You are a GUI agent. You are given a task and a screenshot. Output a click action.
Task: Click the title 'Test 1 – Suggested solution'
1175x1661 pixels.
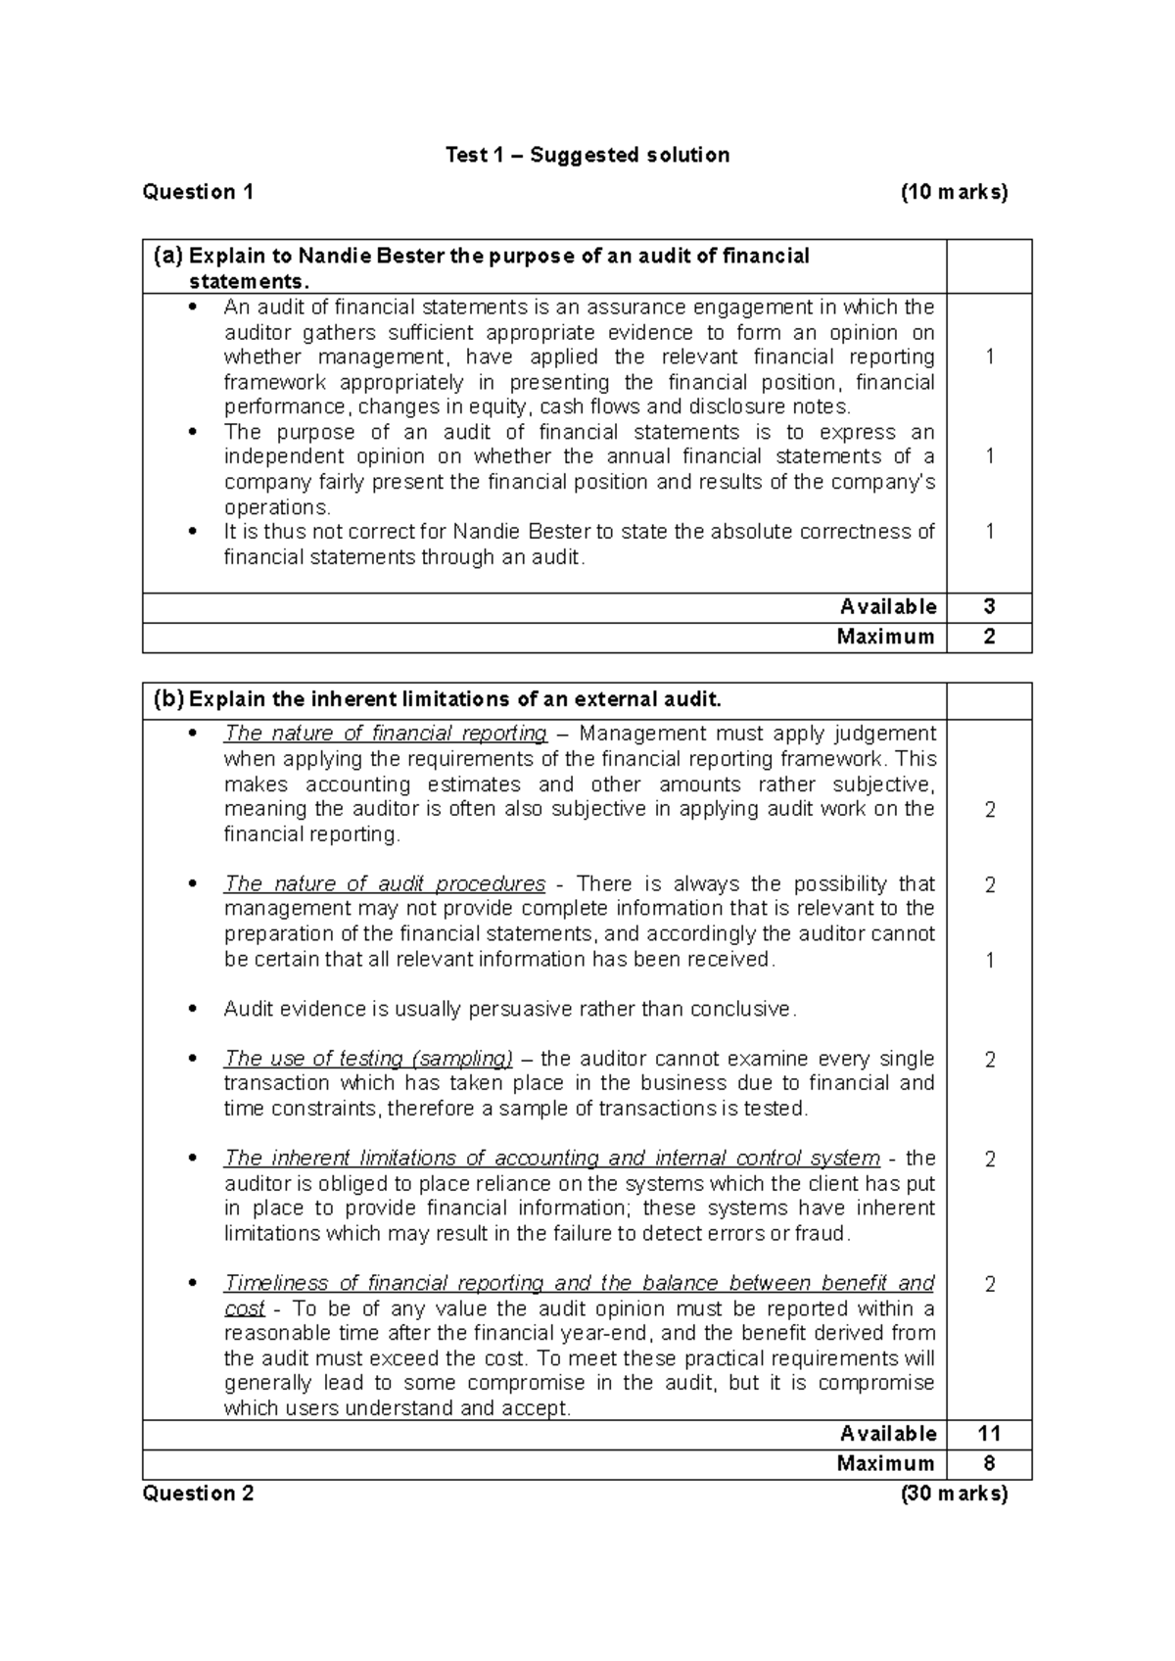587,155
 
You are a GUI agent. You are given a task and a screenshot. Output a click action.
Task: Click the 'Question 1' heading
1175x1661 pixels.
198,192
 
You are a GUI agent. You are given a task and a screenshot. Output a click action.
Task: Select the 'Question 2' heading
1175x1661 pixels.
198,1494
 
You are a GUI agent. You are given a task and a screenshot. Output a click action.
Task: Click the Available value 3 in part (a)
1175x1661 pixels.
989,607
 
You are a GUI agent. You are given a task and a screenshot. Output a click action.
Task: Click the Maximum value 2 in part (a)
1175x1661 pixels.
989,638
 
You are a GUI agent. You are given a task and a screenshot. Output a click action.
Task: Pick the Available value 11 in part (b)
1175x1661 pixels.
989,1434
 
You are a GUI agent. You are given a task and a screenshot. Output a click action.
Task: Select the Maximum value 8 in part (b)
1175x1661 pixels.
989,1464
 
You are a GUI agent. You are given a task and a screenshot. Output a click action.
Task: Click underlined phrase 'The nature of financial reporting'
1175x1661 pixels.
385,734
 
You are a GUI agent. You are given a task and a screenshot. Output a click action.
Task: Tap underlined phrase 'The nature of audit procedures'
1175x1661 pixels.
384,883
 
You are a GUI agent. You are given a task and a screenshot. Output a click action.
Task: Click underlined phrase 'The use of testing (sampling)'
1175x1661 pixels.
368,1059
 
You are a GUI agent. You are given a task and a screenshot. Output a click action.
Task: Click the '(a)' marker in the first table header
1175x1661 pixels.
167,256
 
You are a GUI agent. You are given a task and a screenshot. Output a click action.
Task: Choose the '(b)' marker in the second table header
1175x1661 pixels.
167,699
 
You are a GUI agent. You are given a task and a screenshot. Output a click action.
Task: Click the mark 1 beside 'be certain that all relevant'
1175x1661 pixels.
989,960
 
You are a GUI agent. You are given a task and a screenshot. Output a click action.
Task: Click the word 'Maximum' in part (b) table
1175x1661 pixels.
885,1464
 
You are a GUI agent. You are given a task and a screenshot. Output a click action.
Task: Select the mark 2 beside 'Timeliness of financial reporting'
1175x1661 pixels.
989,1284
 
